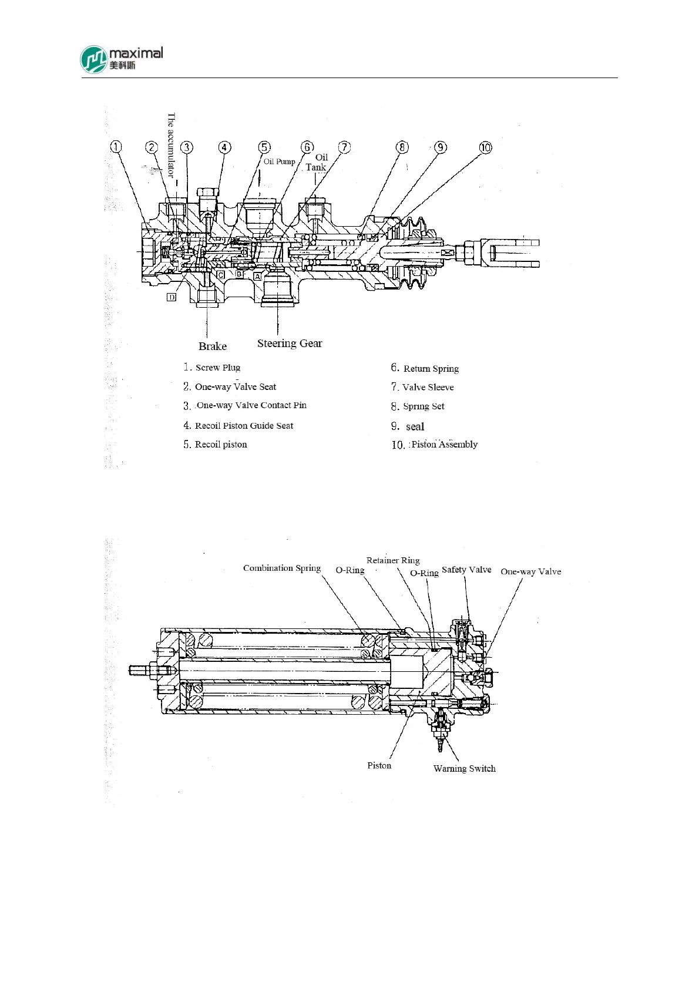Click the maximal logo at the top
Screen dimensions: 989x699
click(x=121, y=59)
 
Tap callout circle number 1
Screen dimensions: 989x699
click(x=116, y=147)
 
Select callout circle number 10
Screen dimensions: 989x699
click(x=485, y=147)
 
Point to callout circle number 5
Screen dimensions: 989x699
click(x=265, y=147)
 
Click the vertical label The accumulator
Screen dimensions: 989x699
click(x=171, y=145)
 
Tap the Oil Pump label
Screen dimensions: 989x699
click(x=279, y=162)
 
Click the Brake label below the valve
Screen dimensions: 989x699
click(x=213, y=347)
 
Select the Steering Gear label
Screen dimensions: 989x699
click(x=290, y=344)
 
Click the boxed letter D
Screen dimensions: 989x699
click(x=172, y=297)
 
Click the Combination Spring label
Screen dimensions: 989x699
click(x=282, y=568)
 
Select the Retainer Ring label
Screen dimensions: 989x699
click(x=393, y=560)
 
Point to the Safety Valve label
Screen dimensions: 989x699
click(x=466, y=570)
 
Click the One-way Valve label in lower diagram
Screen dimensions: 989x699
click(x=530, y=571)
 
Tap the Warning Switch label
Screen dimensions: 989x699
click(x=464, y=768)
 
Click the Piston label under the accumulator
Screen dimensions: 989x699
click(x=379, y=765)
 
